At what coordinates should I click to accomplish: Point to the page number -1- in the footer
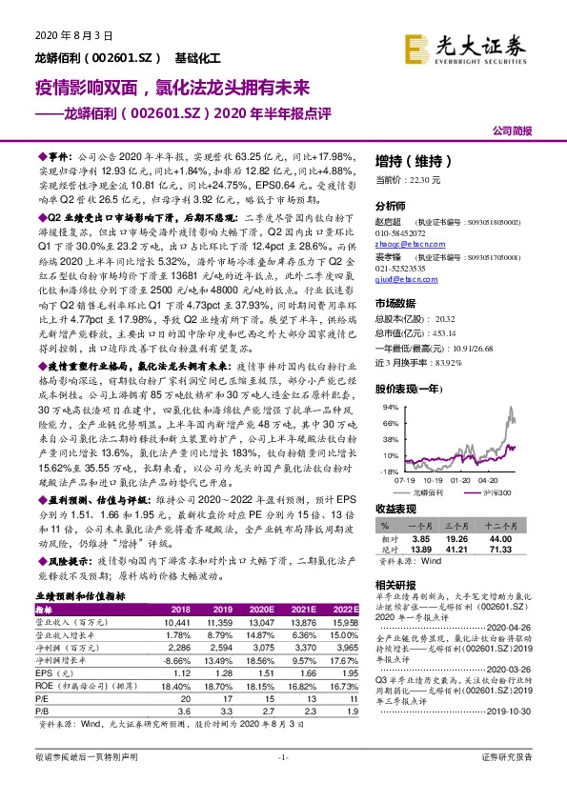tap(283, 783)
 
